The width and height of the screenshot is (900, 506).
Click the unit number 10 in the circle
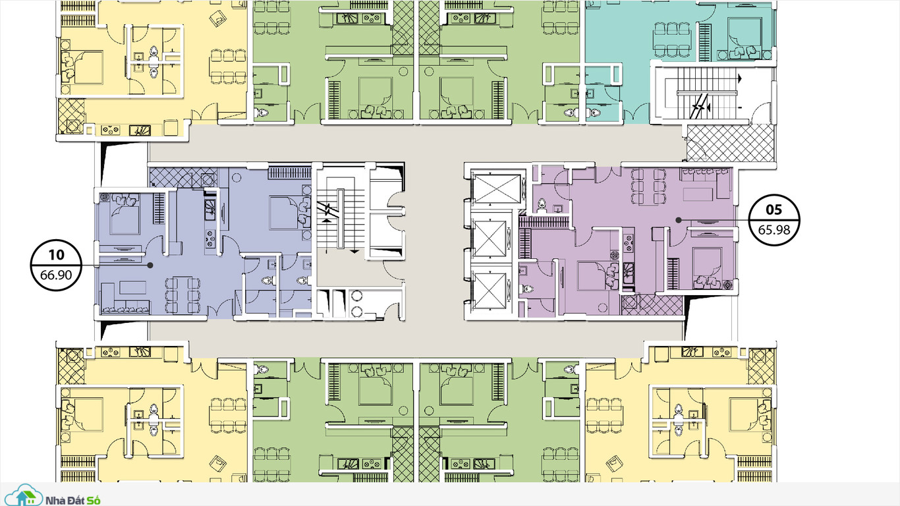56,254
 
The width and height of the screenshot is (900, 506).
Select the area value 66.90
56,275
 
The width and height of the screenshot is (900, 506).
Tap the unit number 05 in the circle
774,210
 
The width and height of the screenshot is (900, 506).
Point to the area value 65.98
774,230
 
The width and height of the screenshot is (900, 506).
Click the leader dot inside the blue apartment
150,266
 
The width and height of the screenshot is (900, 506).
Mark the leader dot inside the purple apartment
678,220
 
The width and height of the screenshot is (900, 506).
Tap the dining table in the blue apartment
182,295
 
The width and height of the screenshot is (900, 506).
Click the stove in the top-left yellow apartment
110,130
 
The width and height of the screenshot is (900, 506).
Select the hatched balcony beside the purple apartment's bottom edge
652,305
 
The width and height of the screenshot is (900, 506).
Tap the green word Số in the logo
93,500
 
